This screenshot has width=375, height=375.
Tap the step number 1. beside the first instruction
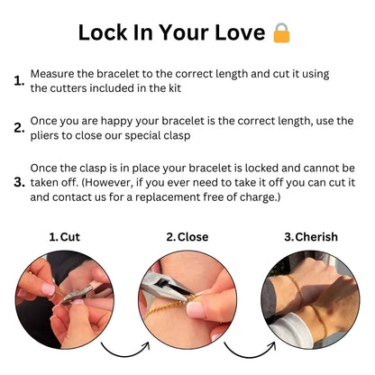coord(19,81)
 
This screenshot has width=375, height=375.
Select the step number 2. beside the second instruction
coord(19,128)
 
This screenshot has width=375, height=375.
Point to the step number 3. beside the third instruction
coord(19,182)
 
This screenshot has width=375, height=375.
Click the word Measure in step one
coord(55,72)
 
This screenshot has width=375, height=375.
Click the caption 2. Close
coord(187,237)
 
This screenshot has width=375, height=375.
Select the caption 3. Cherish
coord(310,237)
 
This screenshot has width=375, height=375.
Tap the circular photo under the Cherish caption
coord(310,298)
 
